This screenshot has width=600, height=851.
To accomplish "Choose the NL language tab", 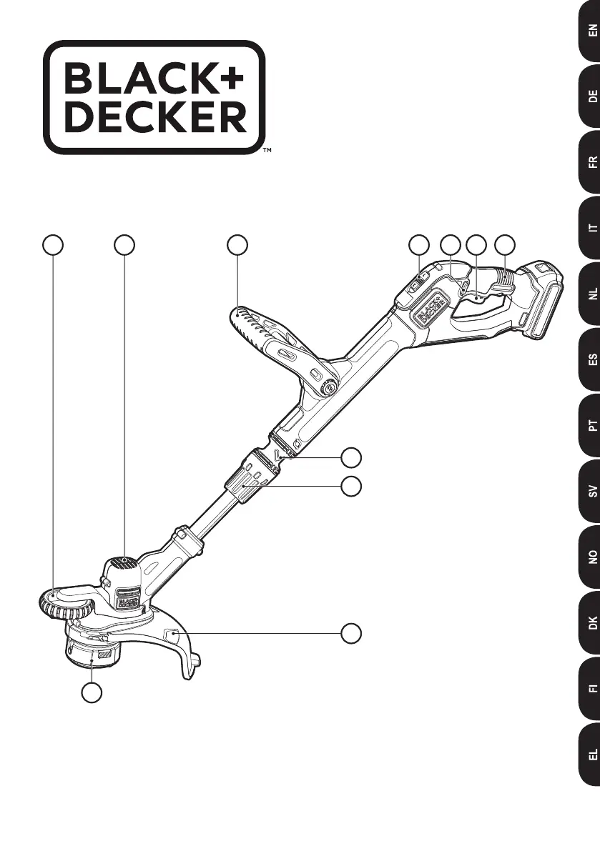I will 590,293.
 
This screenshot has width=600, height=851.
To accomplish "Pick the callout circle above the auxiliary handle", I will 237,244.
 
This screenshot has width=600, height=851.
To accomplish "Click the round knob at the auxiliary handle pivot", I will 330,389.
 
